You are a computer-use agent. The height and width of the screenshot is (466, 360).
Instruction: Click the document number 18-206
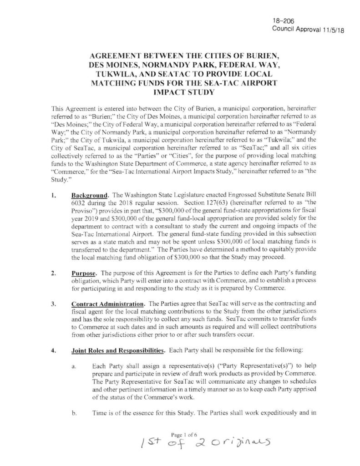click(280, 20)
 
